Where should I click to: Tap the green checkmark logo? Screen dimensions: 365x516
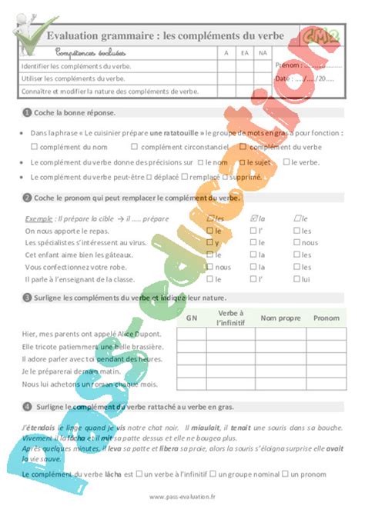tap(33, 31)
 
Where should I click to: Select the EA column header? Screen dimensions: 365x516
tap(244, 53)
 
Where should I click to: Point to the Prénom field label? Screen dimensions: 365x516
tap(286, 65)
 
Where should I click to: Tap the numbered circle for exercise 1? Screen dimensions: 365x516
tap(27, 112)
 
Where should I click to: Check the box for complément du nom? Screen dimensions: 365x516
tap(35, 146)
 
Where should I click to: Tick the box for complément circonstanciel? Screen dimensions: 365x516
tap(135, 146)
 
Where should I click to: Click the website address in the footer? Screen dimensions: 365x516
tap(182, 496)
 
